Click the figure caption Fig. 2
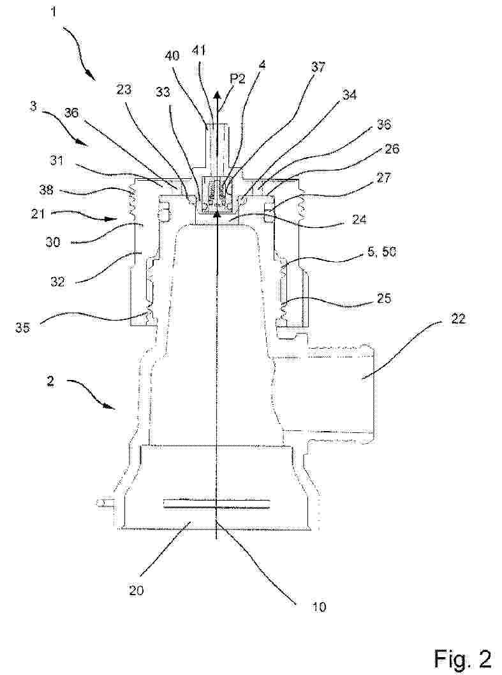(462, 658)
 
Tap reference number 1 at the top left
(54, 11)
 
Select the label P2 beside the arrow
(238, 79)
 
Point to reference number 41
(198, 51)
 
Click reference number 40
(172, 56)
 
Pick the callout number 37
(319, 66)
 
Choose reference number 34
(350, 95)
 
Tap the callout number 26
(390, 149)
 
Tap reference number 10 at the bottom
(318, 607)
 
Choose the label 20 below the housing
(136, 590)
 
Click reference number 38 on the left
(46, 190)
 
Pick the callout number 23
(124, 89)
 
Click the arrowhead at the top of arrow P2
(218, 95)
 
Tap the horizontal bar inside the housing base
(217, 504)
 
